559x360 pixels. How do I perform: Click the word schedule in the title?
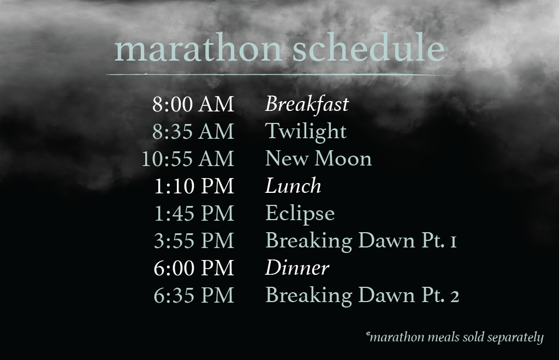tap(368, 48)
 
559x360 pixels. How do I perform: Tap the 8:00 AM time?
tap(193, 104)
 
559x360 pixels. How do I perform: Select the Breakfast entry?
tap(307, 104)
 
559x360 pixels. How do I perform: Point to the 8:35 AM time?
tap(193, 131)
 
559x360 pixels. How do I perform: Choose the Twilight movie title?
tap(306, 132)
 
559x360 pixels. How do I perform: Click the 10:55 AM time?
tap(188, 159)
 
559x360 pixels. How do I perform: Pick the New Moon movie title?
tap(318, 159)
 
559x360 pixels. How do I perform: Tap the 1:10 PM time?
tap(194, 186)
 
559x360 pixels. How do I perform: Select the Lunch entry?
tap(293, 186)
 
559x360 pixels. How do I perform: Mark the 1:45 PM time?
tap(194, 214)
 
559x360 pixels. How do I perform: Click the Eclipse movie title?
tap(300, 214)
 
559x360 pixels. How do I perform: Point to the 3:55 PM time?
tap(194, 240)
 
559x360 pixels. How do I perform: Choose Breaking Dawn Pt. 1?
tap(361, 241)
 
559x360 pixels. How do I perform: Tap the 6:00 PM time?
tap(194, 268)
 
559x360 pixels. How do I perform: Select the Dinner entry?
tap(297, 268)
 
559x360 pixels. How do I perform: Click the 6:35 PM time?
tap(194, 295)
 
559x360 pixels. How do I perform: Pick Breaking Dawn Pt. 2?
tap(362, 296)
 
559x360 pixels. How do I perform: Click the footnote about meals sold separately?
tap(455, 337)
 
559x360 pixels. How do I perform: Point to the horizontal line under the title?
tap(280, 75)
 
